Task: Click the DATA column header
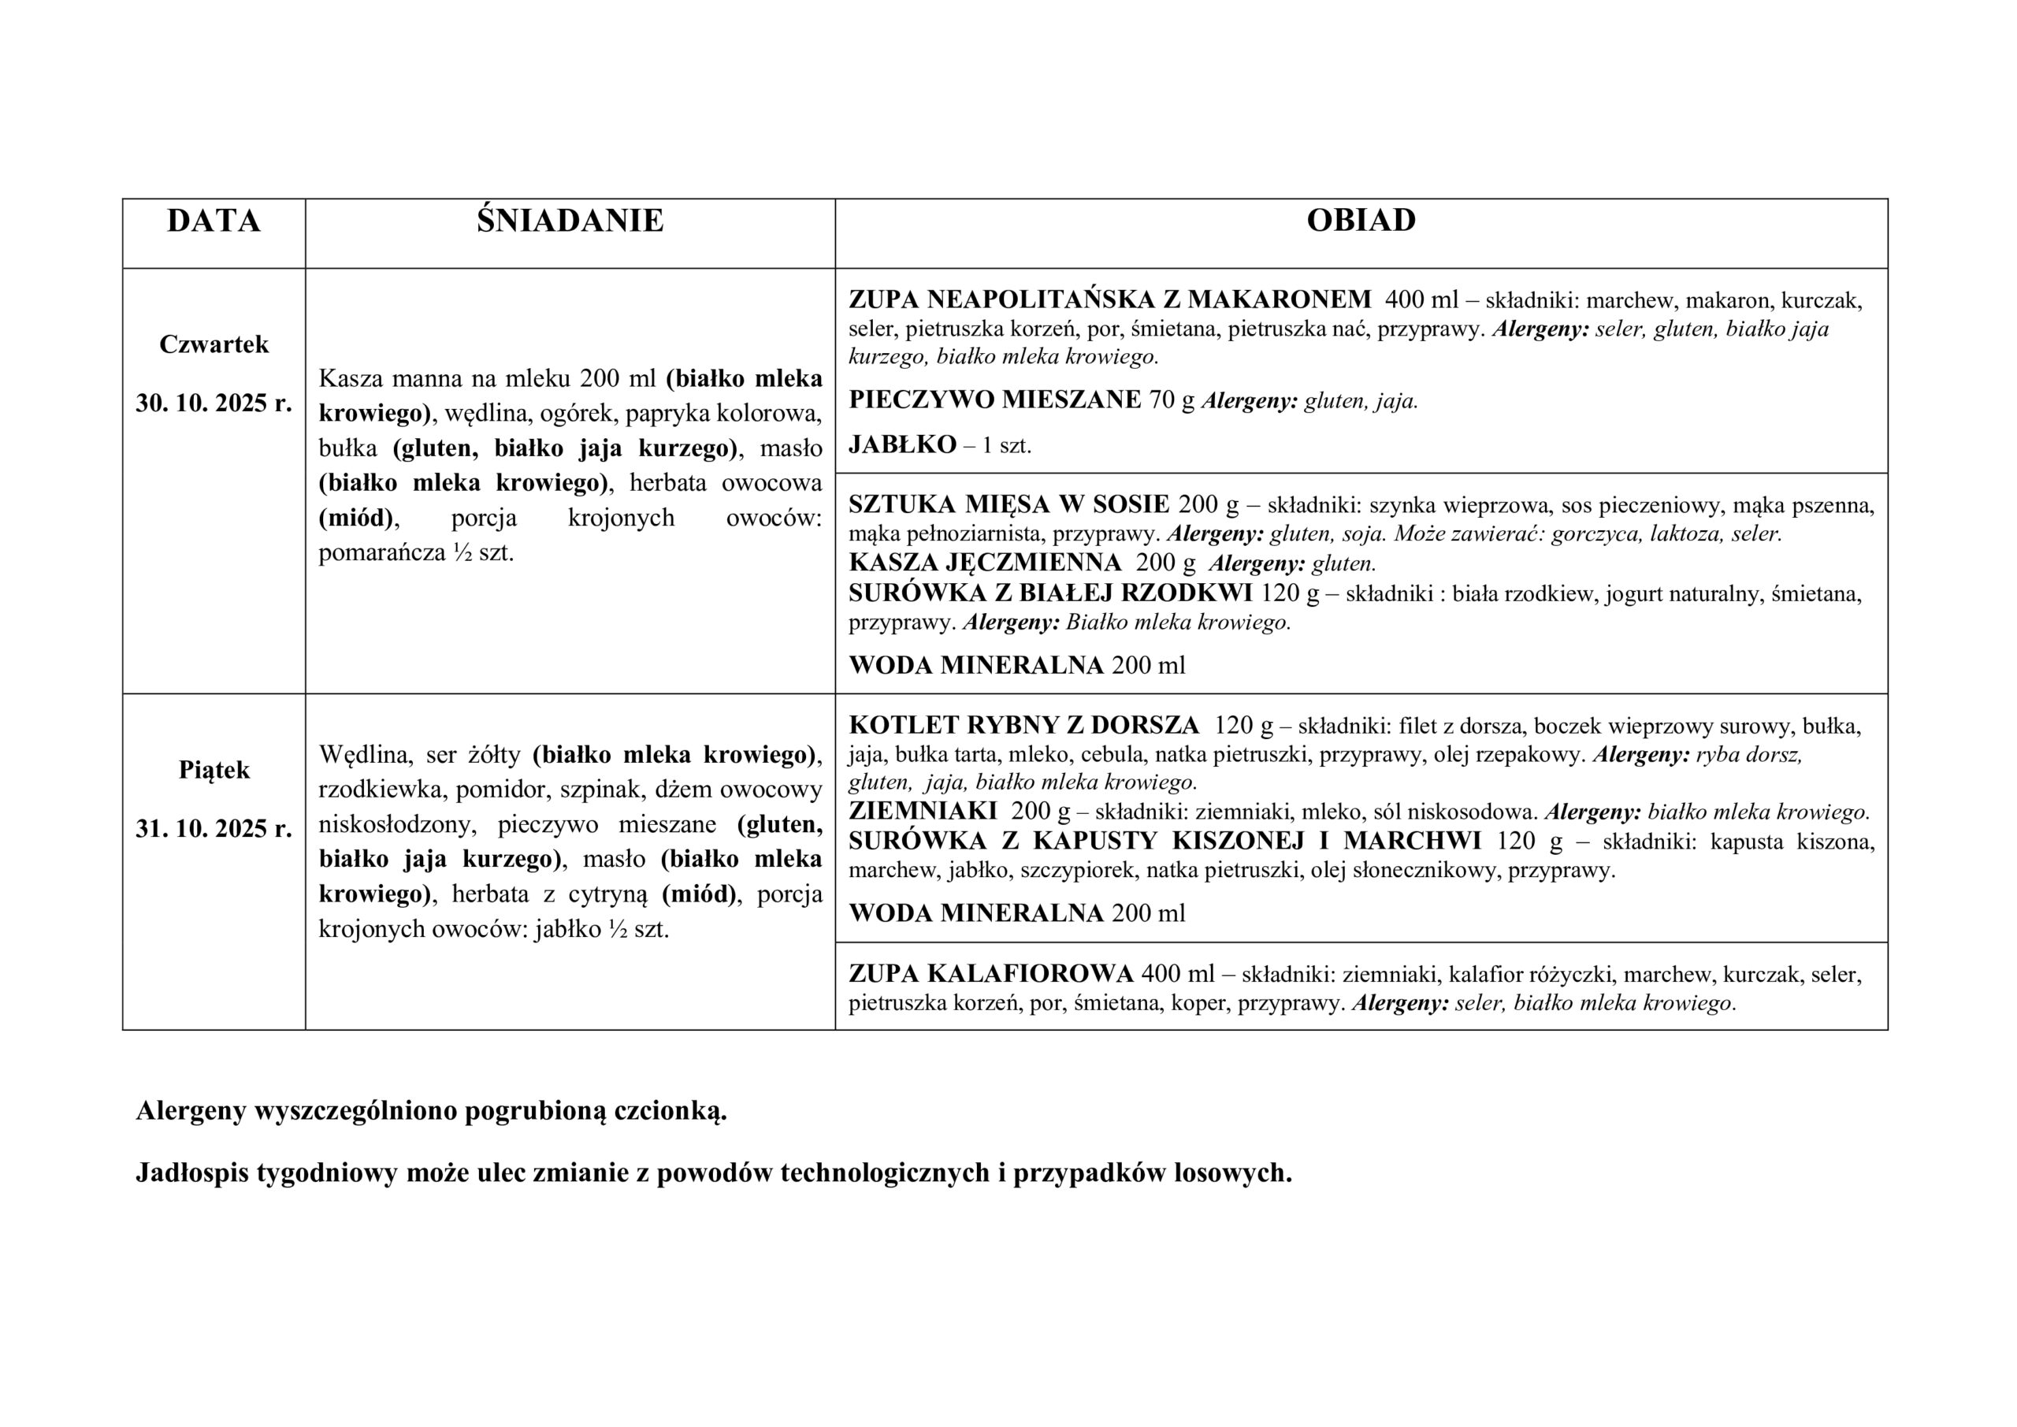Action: tap(214, 221)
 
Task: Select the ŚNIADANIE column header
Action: tap(570, 221)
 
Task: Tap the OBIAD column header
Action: tap(1361, 221)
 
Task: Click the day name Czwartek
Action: tap(214, 344)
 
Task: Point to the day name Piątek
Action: tap(214, 771)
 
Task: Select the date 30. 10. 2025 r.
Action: tap(214, 403)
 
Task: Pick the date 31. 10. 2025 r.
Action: tap(214, 829)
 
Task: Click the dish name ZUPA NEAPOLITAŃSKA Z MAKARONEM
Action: tap(1109, 300)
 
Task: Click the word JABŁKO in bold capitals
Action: tap(902, 444)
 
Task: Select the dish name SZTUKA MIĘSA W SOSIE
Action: tap(1008, 504)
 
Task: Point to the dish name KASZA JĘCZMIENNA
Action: tap(985, 563)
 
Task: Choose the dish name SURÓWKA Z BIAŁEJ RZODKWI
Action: tap(1049, 593)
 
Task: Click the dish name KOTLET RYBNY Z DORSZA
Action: tap(1023, 726)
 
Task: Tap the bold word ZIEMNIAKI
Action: tap(923, 810)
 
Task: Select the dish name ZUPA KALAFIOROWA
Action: tap(990, 974)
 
